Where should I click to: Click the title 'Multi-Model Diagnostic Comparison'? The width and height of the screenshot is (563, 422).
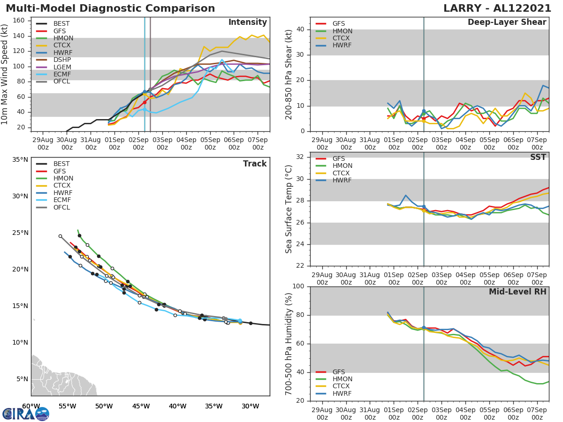pos(110,8)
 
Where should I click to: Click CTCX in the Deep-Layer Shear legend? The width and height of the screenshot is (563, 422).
pos(342,38)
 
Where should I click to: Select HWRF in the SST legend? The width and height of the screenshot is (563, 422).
pos(342,181)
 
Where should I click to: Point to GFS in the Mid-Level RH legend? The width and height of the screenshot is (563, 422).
pos(338,372)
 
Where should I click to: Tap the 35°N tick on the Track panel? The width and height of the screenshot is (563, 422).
pos(20,159)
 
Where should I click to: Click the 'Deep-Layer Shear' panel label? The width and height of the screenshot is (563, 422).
pos(507,23)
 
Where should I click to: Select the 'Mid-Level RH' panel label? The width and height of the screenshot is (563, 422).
pos(517,292)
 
